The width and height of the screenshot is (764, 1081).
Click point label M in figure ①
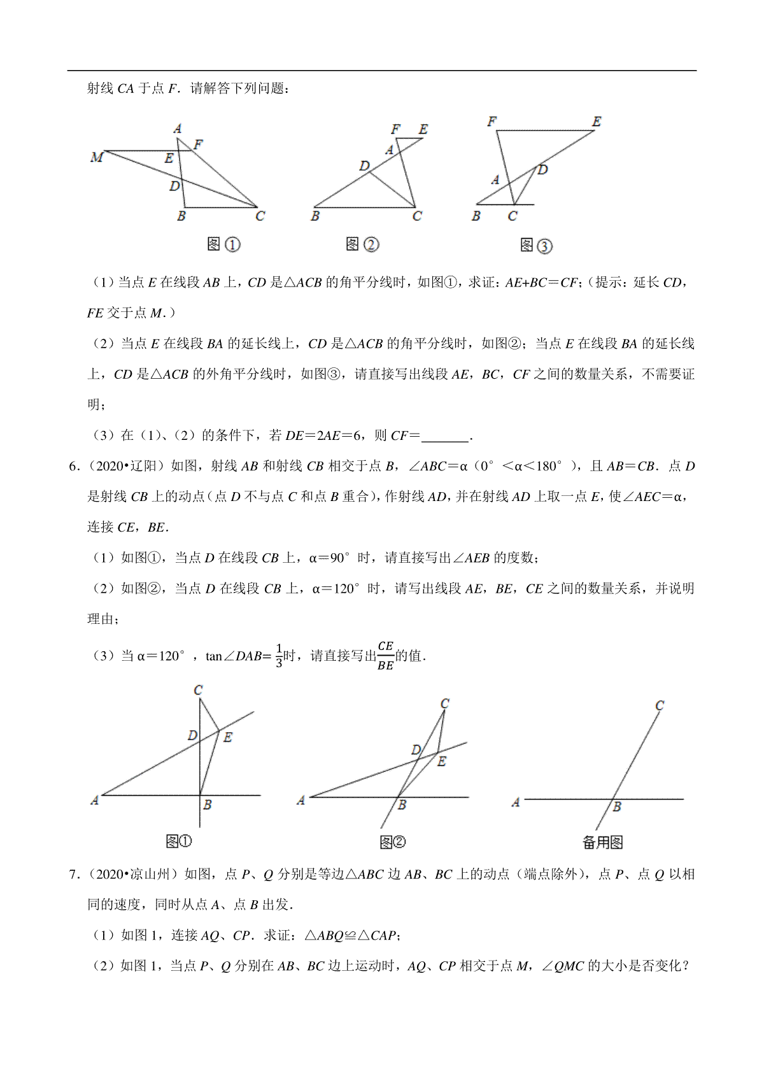[x=97, y=157]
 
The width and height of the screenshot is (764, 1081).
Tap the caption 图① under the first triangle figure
[x=223, y=244]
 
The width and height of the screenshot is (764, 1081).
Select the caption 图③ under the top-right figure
[x=536, y=246]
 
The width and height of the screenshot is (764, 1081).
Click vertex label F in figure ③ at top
[x=492, y=121]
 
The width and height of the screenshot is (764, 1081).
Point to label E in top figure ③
[x=596, y=121]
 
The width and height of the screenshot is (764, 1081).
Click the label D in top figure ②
[x=364, y=166]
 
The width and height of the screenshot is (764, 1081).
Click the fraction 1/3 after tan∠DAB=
[x=279, y=656]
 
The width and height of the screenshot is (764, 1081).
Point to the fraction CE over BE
[x=385, y=656]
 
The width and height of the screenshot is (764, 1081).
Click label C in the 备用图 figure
[x=660, y=705]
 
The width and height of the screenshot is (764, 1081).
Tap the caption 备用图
[x=602, y=842]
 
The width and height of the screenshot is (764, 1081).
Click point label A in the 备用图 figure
[x=516, y=803]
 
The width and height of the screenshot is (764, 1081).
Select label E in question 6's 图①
[x=228, y=737]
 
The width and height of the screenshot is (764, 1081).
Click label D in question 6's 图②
[x=416, y=750]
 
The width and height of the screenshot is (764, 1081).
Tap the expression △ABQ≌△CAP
[x=351, y=936]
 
